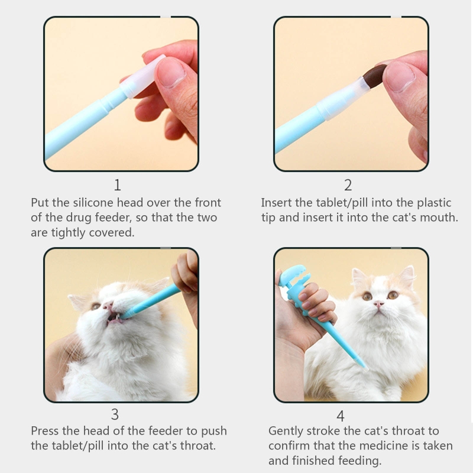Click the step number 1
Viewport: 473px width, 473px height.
pyautogui.click(x=118, y=185)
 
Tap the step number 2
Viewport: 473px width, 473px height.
pyautogui.click(x=348, y=185)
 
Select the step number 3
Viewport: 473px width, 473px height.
pyautogui.click(x=115, y=414)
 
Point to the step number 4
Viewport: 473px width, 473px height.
pyautogui.click(x=341, y=416)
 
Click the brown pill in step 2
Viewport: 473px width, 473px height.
pyautogui.click(x=375, y=76)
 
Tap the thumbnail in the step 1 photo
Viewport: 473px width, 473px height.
pyautogui.click(x=170, y=72)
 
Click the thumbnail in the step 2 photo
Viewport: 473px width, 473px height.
pyautogui.click(x=400, y=77)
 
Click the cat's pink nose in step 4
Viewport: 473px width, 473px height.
pyautogui.click(x=379, y=304)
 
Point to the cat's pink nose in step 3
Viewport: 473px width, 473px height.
pyautogui.click(x=108, y=306)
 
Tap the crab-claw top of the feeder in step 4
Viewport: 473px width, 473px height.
pyautogui.click(x=293, y=276)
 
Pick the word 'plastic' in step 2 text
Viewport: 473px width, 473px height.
pyautogui.click(x=434, y=203)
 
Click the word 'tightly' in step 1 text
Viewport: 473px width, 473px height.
pyautogui.click(x=69, y=233)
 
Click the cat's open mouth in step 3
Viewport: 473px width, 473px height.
pyautogui.click(x=115, y=318)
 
